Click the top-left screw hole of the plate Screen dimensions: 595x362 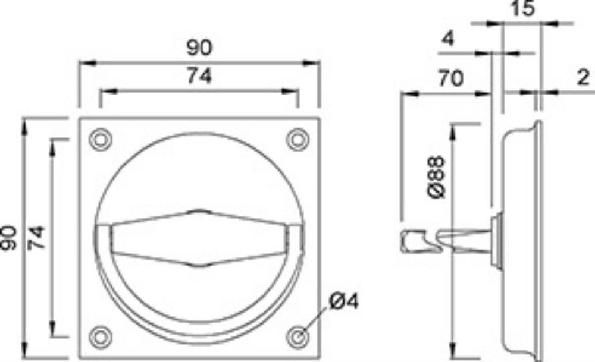100,140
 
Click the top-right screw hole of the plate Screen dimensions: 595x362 297,140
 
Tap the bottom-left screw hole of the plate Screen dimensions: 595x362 100,336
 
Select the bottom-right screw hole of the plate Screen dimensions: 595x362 297,336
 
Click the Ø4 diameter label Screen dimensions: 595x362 344,301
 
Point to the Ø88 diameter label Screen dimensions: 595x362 436,177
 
